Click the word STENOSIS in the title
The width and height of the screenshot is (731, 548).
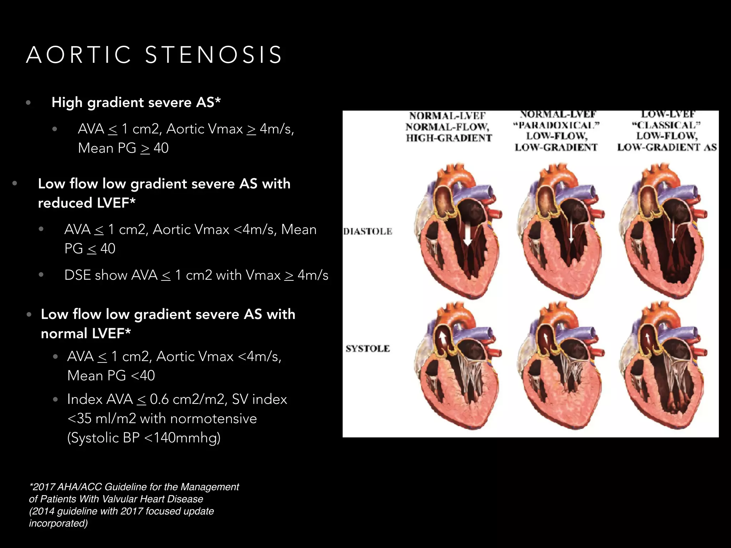[213, 55]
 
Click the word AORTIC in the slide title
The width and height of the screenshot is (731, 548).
[79, 55]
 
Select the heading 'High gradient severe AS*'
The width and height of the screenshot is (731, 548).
[136, 102]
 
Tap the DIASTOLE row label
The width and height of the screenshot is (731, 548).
[368, 232]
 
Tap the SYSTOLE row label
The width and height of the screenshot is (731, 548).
[368, 349]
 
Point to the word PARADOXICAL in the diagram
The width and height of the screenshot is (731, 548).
[556, 126]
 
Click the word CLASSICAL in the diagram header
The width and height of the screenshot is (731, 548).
[666, 126]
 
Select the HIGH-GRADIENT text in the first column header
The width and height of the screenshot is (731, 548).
[449, 138]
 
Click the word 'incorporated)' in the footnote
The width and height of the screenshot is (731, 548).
[58, 523]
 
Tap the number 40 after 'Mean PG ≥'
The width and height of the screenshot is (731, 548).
[161, 148]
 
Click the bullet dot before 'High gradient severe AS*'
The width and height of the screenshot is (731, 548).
[29, 103]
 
